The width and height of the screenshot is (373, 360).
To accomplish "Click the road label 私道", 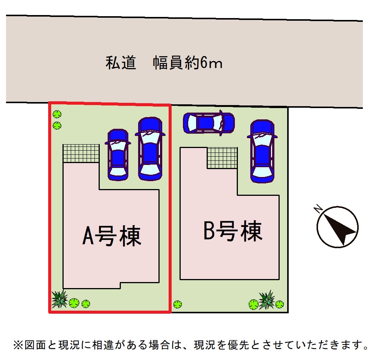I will point(120,63).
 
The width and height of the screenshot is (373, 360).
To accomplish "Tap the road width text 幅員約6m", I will point(187,63).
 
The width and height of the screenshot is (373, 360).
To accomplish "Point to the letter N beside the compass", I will point(318,208).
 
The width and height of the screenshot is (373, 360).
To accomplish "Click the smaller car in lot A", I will point(118,154).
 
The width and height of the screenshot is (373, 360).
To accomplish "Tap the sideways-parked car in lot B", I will point(209,123).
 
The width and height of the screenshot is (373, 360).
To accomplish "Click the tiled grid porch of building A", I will point(81,153).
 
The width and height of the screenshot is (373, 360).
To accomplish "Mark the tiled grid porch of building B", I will point(222,158).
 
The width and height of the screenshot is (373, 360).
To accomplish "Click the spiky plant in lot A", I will point(59,299).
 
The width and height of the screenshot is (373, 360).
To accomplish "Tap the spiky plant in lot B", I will point(267,300).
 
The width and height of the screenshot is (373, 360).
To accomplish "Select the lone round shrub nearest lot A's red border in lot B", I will point(177,304).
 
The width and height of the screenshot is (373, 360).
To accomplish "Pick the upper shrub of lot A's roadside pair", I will point(57,114).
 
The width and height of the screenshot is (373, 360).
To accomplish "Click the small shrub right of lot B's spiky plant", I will point(279,304).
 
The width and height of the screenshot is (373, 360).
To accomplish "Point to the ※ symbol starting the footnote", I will point(18,345).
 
